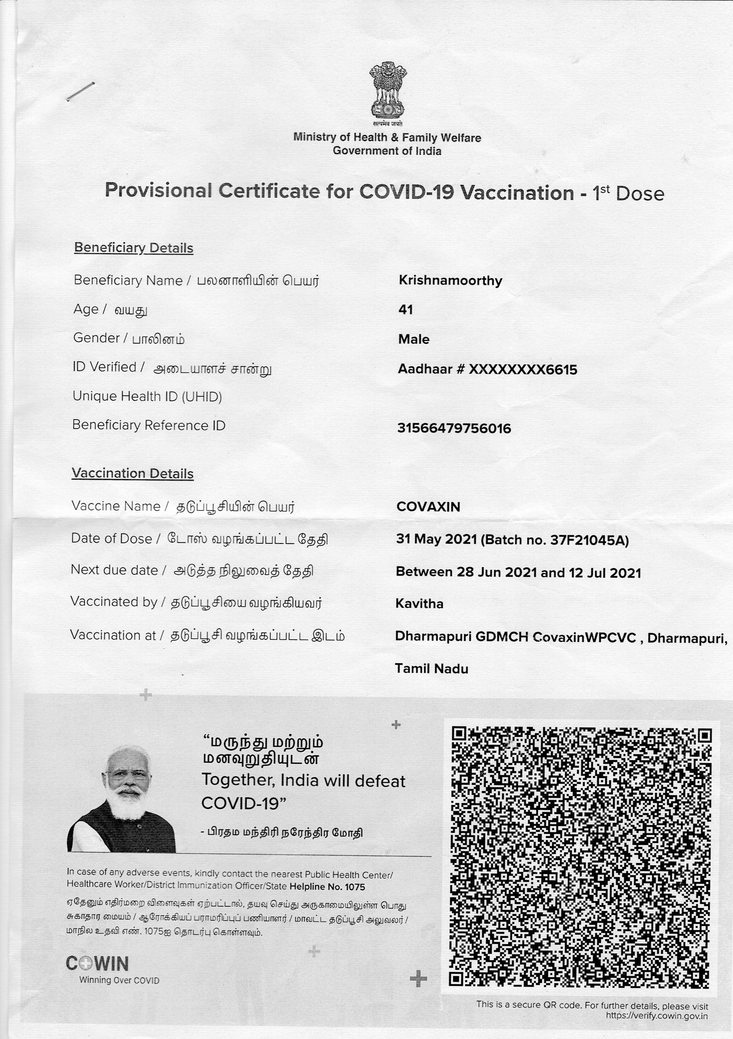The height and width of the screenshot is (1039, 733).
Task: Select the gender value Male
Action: point(413,339)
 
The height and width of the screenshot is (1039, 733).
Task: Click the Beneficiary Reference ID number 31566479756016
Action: point(454,428)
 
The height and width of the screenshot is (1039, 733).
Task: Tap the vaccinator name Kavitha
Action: point(419,604)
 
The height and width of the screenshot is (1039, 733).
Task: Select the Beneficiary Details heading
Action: point(134,248)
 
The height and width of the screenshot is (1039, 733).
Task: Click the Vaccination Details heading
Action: point(133,473)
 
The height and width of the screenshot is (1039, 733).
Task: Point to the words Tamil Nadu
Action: point(431,668)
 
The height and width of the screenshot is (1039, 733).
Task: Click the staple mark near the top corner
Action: point(80,92)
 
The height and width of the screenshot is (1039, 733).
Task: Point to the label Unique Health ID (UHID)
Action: point(147,396)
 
